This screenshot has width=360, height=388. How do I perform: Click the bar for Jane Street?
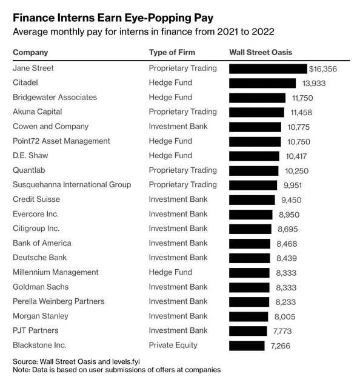[x=268, y=69]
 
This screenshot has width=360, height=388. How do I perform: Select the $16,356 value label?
[x=323, y=69]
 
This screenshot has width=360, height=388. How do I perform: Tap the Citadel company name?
[x=25, y=82]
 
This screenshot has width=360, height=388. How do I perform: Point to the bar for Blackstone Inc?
[x=247, y=346]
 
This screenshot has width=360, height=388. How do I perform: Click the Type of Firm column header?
[x=172, y=52]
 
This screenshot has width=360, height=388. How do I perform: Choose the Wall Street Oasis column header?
[x=261, y=52]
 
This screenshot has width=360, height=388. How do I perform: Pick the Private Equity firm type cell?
[x=173, y=345]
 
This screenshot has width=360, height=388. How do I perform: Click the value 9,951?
[x=293, y=186]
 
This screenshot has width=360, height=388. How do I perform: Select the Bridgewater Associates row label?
[x=55, y=97]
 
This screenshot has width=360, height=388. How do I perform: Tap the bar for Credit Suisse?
[x=252, y=200]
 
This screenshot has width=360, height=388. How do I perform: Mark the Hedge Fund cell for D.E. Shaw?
[x=170, y=155]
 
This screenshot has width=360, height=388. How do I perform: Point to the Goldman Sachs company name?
[x=41, y=287]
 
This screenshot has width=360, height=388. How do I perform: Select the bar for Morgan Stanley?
[x=248, y=316]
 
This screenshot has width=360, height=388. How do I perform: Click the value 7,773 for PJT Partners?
[x=282, y=331]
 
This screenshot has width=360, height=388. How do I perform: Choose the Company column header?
[x=30, y=53]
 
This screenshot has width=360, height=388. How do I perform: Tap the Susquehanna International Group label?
[x=72, y=184]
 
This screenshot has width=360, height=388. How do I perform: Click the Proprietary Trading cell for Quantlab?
[x=183, y=170]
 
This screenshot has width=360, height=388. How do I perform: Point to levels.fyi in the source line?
[x=126, y=361]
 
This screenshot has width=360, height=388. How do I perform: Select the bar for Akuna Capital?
[x=256, y=112]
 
